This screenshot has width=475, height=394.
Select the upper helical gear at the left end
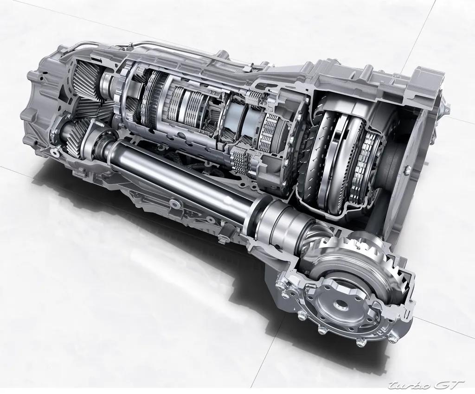tap(88, 76)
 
